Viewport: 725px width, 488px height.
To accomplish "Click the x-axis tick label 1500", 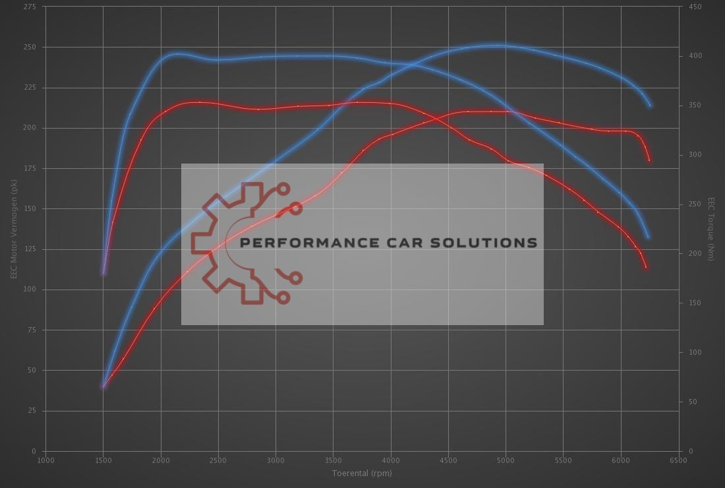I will [103, 460].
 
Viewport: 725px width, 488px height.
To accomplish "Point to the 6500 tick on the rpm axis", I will [678, 460].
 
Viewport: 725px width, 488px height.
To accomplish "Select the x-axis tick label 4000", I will [390, 460].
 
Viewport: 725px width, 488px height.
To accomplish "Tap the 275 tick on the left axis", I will [30, 7].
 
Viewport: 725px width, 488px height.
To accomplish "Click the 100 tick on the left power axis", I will [30, 290].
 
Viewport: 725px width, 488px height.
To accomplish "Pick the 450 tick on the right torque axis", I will [695, 7].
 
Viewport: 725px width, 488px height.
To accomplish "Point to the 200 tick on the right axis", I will [695, 254].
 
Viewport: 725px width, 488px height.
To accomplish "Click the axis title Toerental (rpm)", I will [362, 473].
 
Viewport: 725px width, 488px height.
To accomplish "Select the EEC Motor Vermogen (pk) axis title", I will [13, 229].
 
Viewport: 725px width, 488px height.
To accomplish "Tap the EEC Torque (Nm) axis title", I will [711, 229].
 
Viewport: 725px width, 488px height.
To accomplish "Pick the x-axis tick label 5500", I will [563, 460].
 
